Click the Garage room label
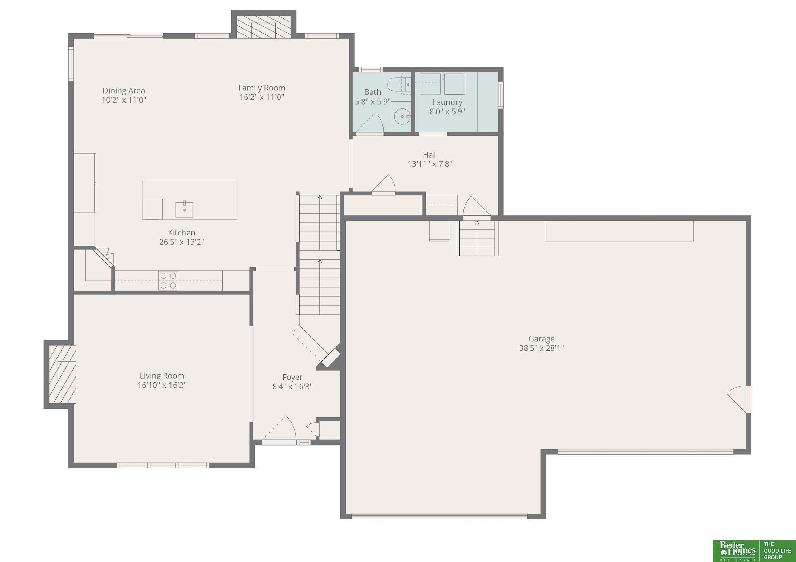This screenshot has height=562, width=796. coord(541,339)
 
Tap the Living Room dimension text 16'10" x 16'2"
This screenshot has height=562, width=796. coord(162,385)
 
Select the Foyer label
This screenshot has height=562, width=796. coord(292,377)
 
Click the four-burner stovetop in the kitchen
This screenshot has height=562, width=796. coord(168,281)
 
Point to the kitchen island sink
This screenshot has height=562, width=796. coord(184,209)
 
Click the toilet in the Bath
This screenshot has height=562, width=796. coord(399,85)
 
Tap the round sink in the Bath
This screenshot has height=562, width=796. coord(402,116)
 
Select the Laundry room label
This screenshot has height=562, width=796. coord(447,102)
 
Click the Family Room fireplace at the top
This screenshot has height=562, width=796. coord(264,27)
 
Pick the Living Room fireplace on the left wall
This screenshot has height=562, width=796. coord(63,374)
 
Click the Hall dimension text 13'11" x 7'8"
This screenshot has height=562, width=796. coord(430,164)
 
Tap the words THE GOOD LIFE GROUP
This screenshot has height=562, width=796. coord(777,550)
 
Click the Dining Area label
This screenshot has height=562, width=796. coord(124,91)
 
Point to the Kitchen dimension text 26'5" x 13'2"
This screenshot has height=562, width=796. coord(182,242)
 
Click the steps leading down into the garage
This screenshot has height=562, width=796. coord(477,238)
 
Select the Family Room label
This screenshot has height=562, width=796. coord(262,88)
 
